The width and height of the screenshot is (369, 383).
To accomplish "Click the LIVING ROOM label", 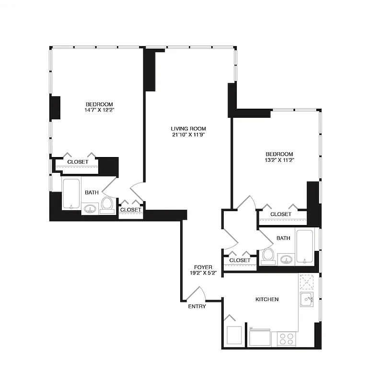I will pyautogui.click(x=188, y=128).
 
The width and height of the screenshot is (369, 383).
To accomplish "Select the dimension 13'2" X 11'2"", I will pyautogui.click(x=280, y=160).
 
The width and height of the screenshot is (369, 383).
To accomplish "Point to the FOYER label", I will pyautogui.click(x=203, y=267).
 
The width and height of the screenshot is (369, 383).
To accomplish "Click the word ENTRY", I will pyautogui.click(x=197, y=306).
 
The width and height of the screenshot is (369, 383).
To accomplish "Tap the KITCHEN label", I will pyautogui.click(x=267, y=299).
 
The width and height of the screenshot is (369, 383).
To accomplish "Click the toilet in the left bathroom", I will pyautogui.click(x=107, y=203).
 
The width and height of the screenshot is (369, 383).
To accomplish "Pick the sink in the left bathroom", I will pyautogui.click(x=90, y=208).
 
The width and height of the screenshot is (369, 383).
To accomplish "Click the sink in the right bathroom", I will pyautogui.click(x=287, y=260).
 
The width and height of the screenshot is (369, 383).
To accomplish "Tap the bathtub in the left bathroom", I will pyautogui.click(x=71, y=194).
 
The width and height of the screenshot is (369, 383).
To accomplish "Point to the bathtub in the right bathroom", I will pyautogui.click(x=304, y=246).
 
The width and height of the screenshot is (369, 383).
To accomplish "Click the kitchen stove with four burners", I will pyautogui.click(x=286, y=339).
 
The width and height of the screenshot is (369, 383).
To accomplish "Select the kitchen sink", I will pyautogui.click(x=307, y=300).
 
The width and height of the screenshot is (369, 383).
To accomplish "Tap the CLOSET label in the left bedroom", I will pyautogui.click(x=78, y=162).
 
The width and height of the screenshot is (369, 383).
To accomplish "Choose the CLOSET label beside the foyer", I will pyautogui.click(x=240, y=260).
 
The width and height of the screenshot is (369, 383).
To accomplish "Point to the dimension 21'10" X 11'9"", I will pyautogui.click(x=188, y=135).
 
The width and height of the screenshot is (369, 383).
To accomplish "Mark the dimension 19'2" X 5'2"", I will pyautogui.click(x=203, y=274).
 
